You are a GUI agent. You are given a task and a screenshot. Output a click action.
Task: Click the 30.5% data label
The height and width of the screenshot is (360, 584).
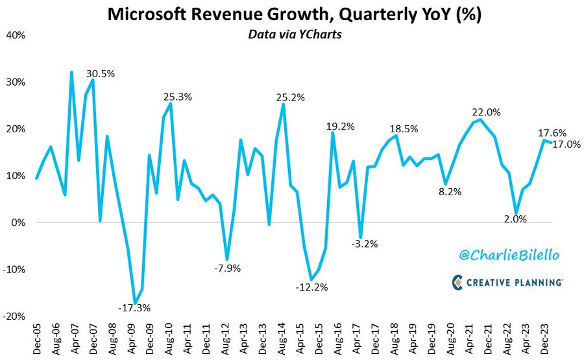[x=101, y=73]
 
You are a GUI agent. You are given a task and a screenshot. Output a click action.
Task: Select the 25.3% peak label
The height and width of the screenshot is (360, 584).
[x=177, y=97]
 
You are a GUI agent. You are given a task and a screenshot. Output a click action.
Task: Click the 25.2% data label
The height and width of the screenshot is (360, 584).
[x=290, y=97]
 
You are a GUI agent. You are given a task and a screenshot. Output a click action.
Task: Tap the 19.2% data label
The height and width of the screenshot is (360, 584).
[x=340, y=127]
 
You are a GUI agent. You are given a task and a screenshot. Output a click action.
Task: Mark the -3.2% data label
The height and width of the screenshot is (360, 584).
[x=363, y=244]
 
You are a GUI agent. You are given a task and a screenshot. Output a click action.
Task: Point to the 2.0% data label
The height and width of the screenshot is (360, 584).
[x=515, y=219]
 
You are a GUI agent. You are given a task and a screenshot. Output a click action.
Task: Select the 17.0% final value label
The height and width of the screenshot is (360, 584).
[x=566, y=144]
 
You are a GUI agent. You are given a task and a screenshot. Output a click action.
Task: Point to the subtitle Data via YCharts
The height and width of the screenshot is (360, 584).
[x=291, y=36]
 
